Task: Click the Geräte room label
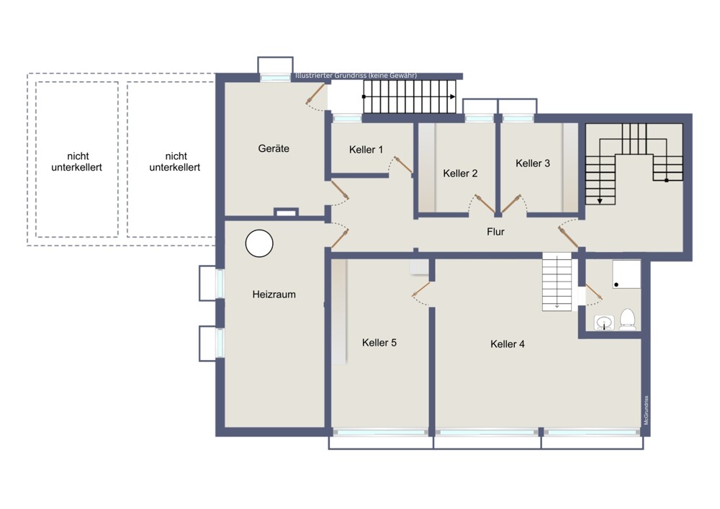[x=274, y=148]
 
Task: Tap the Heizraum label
[x=274, y=294]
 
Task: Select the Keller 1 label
[x=366, y=149]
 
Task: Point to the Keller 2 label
[x=460, y=173]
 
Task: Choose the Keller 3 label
[x=533, y=163]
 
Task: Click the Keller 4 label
[x=508, y=343]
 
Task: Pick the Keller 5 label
[x=379, y=343]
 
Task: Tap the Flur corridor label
[x=495, y=232]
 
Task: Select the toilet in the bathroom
[x=627, y=320]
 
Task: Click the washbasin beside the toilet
[x=605, y=323]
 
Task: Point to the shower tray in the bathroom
[x=626, y=274]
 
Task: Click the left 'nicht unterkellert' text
[x=77, y=161]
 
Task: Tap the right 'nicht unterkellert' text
[x=175, y=161]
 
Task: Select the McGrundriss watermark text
[x=646, y=410]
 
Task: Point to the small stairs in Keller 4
[x=557, y=281]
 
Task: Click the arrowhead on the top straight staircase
[x=453, y=97]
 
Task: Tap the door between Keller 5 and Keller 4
[x=421, y=289]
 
